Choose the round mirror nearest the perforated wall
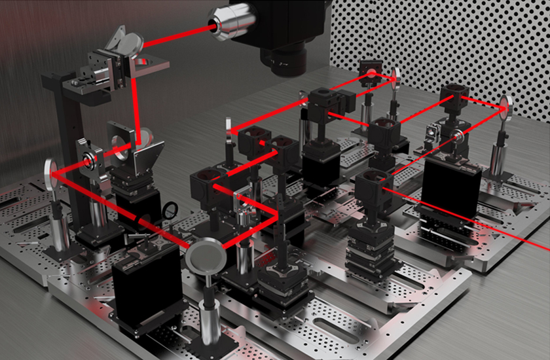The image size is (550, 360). click(x=395, y=78)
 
